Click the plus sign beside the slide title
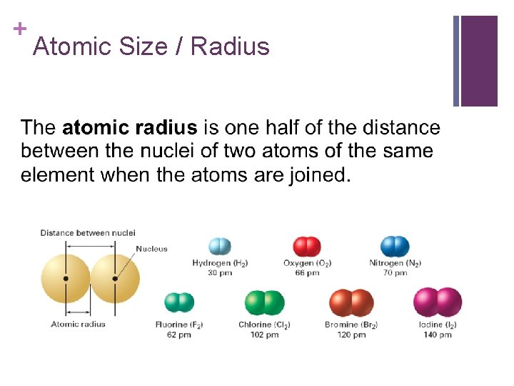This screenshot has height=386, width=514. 20,29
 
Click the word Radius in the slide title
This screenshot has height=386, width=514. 230,47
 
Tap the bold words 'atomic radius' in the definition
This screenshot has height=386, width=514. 129,129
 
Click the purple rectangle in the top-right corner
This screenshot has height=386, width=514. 478,61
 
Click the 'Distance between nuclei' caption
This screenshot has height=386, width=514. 88,233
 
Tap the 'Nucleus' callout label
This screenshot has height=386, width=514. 151,249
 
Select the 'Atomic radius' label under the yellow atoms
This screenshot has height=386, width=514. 78,324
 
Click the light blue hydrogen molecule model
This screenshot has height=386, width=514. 220,247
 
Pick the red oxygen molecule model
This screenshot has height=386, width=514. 307,247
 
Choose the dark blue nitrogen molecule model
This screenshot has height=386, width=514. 395,247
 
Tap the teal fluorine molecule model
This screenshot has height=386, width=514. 179,303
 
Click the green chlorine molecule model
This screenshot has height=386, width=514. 265,303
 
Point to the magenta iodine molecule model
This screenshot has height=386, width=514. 438,302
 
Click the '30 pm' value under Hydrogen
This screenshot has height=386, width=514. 220,273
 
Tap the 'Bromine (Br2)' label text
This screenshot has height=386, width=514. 351,325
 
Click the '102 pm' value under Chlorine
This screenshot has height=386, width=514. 264,335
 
